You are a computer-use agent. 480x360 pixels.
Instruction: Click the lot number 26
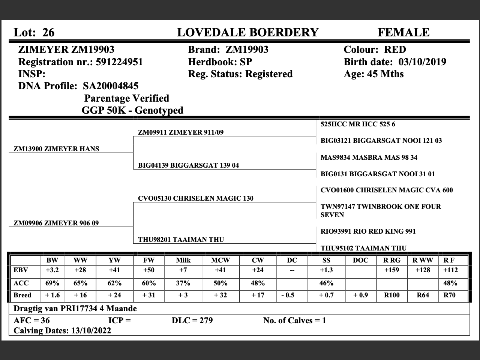[x=48, y=33]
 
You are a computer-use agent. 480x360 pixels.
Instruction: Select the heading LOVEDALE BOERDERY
[x=247, y=33]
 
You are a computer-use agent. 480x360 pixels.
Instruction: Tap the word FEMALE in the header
[x=403, y=33]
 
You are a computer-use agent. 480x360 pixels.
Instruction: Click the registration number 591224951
[x=119, y=62]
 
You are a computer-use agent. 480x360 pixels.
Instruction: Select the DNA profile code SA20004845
[x=111, y=86]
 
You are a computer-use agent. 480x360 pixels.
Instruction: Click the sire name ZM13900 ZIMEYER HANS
[x=56, y=149]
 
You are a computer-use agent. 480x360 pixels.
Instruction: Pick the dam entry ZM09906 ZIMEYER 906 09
[x=56, y=223]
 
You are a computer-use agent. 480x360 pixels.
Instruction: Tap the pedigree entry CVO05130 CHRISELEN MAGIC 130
[x=195, y=198]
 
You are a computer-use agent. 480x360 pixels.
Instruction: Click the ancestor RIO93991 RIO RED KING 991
[x=368, y=231]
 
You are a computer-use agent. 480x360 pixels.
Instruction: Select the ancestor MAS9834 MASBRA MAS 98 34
[x=369, y=157]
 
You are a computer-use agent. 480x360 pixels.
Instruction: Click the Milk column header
[x=183, y=260]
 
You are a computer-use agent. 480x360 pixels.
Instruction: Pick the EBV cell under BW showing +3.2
[x=52, y=270]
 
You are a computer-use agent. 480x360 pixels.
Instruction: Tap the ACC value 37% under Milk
[x=183, y=283]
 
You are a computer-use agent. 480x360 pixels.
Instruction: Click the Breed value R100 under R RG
[x=391, y=295]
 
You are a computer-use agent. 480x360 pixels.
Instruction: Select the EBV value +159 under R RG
[x=391, y=270]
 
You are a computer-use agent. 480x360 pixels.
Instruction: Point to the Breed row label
[x=22, y=295]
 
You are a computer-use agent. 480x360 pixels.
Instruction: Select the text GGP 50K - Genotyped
[x=132, y=110]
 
